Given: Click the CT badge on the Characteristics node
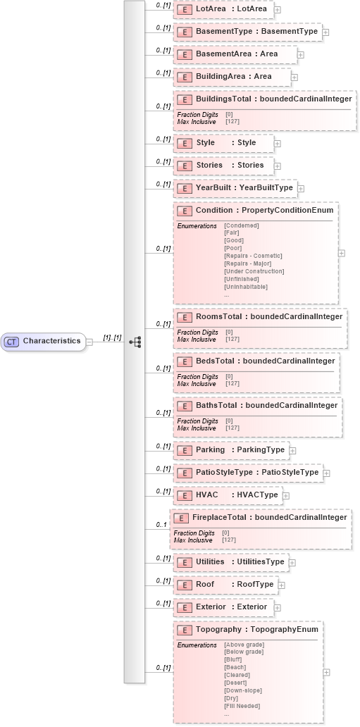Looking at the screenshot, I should pyautogui.click(x=11, y=342).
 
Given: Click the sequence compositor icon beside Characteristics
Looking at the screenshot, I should pyautogui.click(x=135, y=342).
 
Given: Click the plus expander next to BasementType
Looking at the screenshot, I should pyautogui.click(x=325, y=32).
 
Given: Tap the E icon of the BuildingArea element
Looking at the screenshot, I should pyautogui.click(x=184, y=77).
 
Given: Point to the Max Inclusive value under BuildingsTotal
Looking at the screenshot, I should pyautogui.click(x=232, y=122).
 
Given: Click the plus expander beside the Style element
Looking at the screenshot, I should pyautogui.click(x=277, y=144).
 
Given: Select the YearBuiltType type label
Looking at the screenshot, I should pyautogui.click(x=266, y=188).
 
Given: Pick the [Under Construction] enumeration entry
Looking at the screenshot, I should pyautogui.click(x=254, y=271).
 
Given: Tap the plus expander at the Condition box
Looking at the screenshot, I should pyautogui.click(x=342, y=252).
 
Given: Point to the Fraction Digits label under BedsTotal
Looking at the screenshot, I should pyautogui.click(x=192, y=377).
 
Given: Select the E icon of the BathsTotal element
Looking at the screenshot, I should pyautogui.click(x=184, y=406).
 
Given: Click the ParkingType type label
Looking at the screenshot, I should pyautogui.click(x=261, y=449).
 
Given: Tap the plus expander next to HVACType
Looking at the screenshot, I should pyautogui.click(x=286, y=496).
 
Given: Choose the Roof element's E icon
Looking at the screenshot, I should pyautogui.click(x=184, y=585).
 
